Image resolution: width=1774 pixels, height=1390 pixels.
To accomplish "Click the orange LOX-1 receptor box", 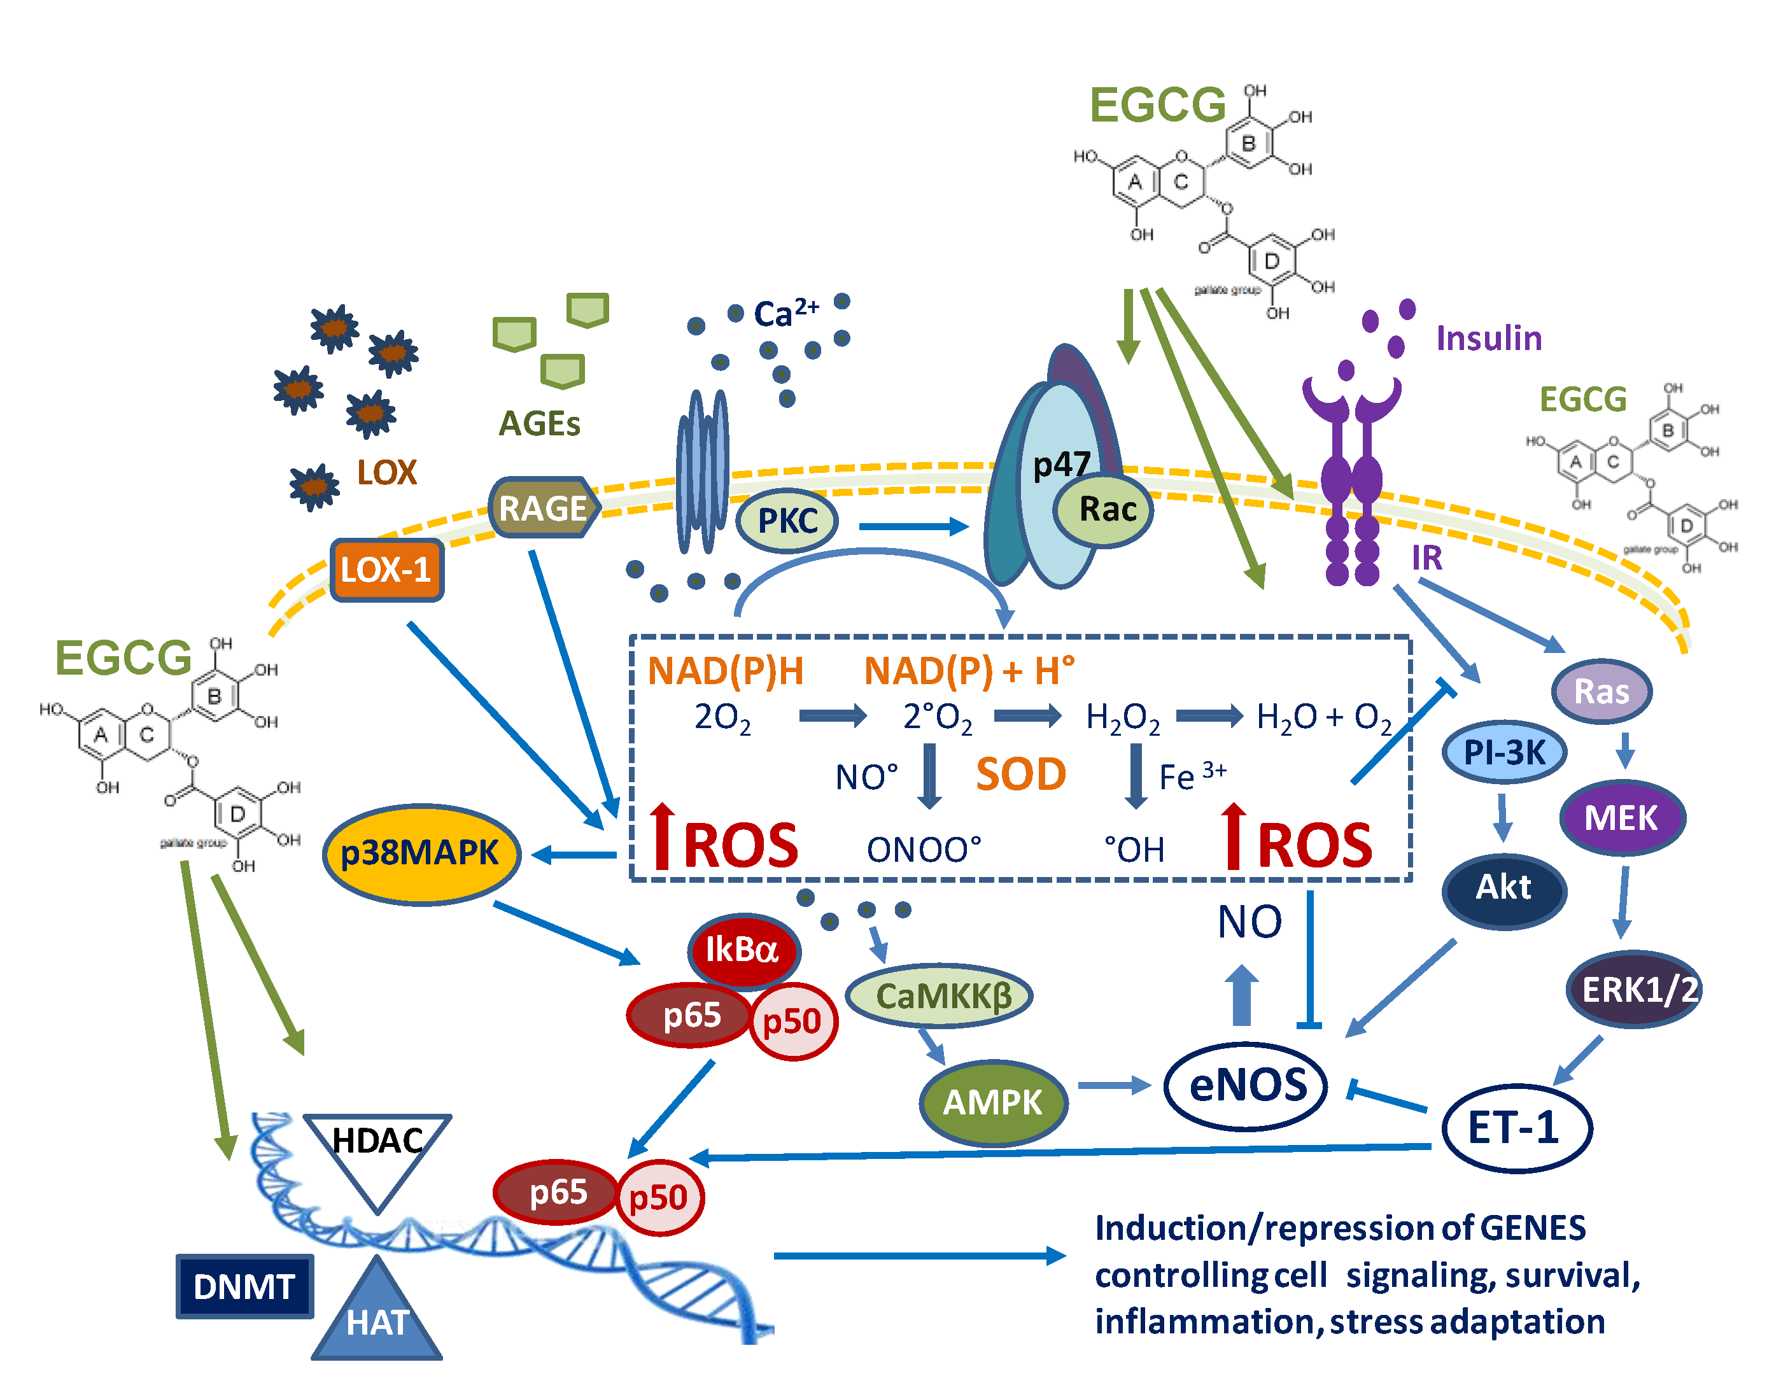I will (x=386, y=570).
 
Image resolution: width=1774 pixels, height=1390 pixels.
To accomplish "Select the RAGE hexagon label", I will (x=544, y=509).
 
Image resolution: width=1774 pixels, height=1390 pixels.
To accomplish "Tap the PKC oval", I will (x=787, y=521).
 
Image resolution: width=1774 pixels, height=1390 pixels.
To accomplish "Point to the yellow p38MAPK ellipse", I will (x=421, y=853).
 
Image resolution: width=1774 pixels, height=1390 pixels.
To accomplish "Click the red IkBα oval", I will (x=743, y=950).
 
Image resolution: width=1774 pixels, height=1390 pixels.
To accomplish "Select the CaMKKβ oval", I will (x=941, y=996).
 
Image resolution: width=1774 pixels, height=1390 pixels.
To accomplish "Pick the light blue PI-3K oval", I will (x=1504, y=752).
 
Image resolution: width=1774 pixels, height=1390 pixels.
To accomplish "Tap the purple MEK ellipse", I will (x=1621, y=818).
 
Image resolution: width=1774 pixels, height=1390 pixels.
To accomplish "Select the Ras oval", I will (x=1601, y=692).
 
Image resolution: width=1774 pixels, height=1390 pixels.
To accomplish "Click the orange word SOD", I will (x=1020, y=774).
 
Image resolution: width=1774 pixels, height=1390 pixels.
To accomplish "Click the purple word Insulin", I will (x=1488, y=338).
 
